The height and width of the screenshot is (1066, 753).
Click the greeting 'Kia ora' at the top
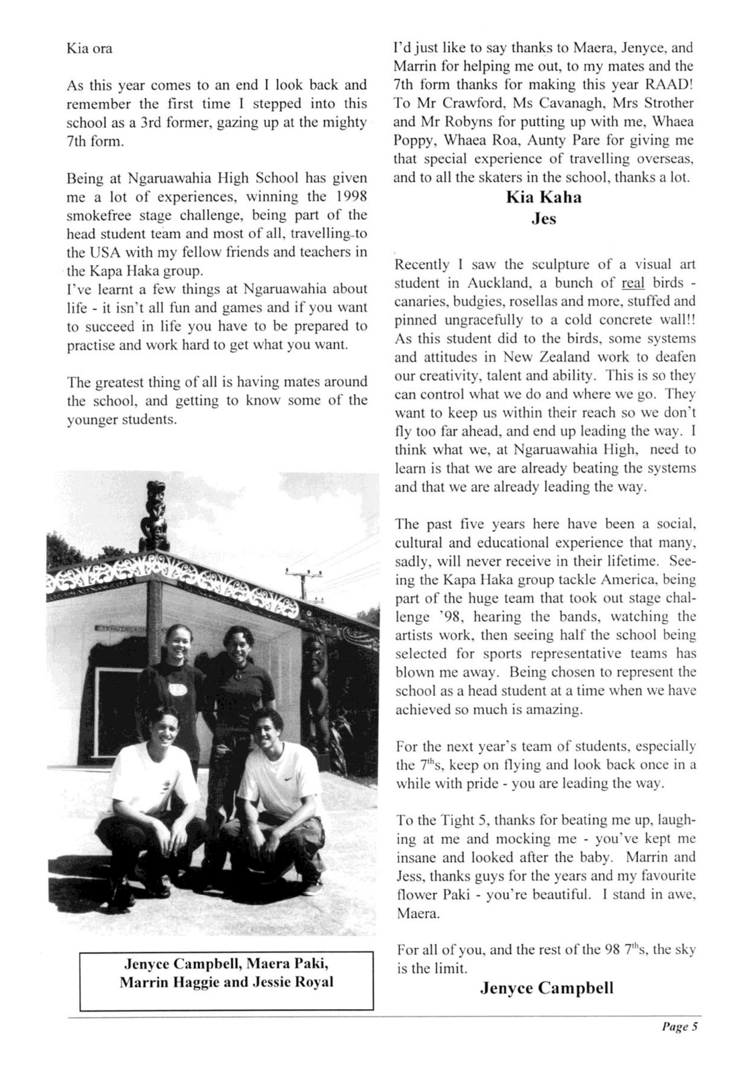(x=89, y=49)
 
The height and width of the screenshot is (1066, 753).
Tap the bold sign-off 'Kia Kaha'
(x=543, y=198)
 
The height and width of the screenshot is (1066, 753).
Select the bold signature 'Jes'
(x=543, y=219)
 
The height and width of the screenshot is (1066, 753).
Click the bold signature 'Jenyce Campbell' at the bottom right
(x=546, y=988)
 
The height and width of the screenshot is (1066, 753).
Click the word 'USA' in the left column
(x=89, y=252)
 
